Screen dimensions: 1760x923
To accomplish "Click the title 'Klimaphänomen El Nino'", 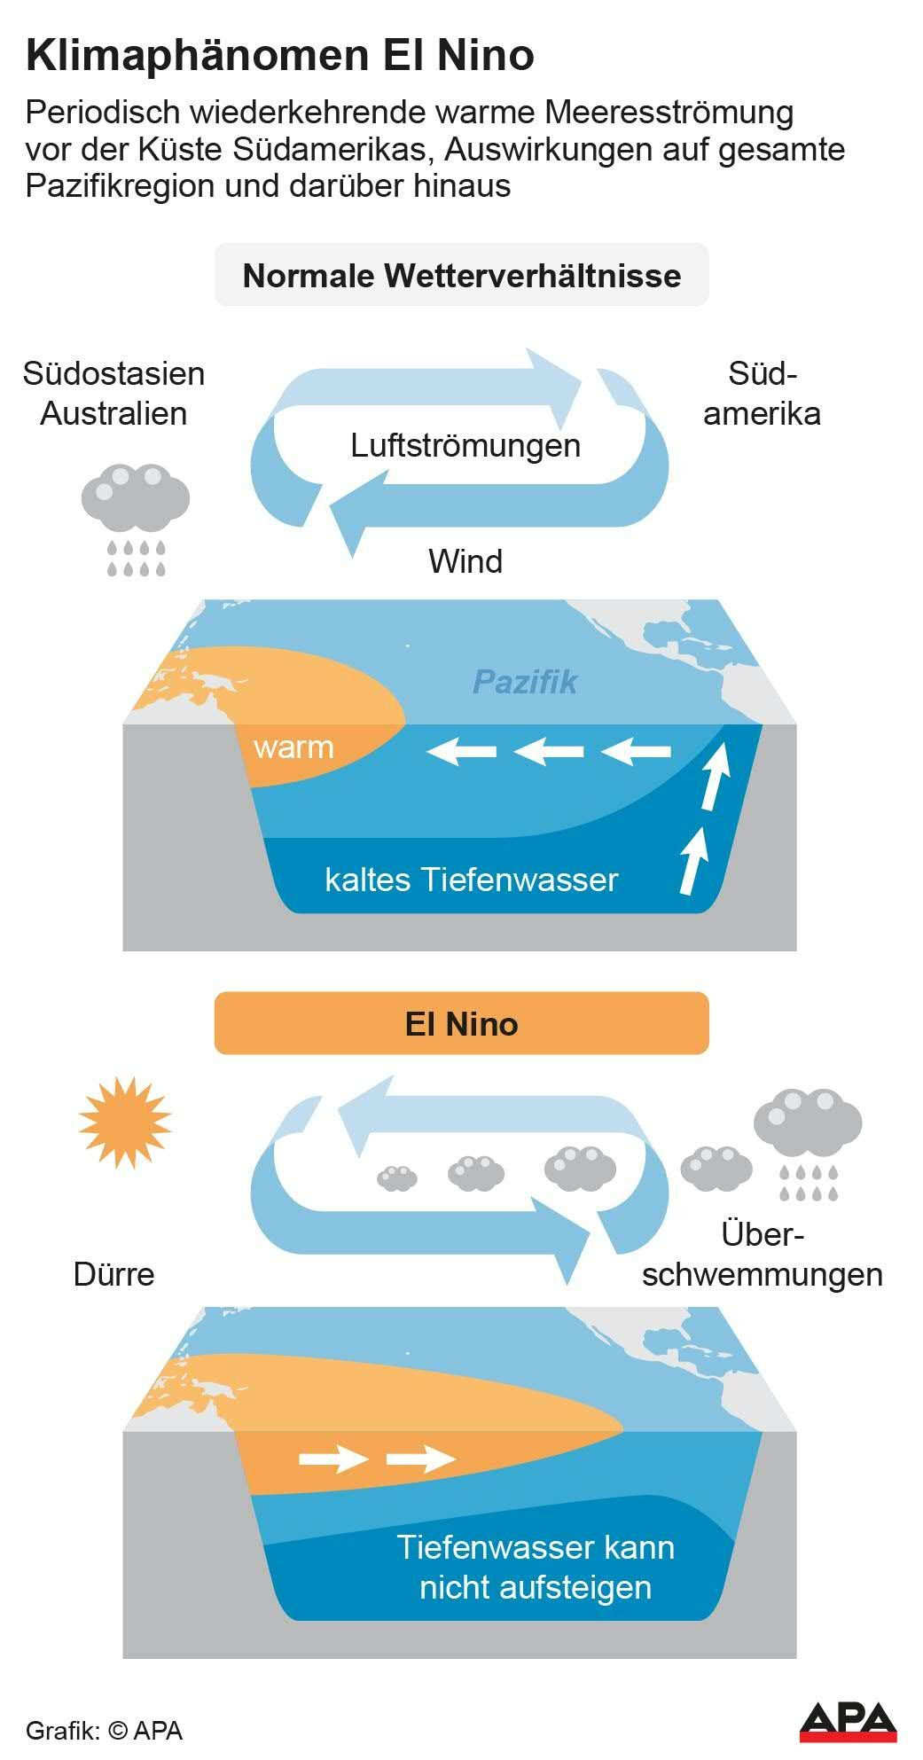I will (x=280, y=55).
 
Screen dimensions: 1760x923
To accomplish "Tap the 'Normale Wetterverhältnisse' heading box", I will (x=461, y=276).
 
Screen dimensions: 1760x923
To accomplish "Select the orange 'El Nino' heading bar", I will (x=461, y=1023).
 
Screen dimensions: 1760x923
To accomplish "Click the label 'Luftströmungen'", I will (x=465, y=444).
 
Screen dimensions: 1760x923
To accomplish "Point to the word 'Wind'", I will (x=465, y=561).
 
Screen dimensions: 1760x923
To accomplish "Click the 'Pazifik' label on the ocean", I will (x=525, y=682).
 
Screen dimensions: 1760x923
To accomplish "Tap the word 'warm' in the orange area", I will (x=293, y=747).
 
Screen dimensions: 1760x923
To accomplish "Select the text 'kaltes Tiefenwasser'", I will (x=471, y=880).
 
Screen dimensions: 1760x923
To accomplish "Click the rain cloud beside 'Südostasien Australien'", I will (x=136, y=517).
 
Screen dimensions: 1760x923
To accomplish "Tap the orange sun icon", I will (x=125, y=1122).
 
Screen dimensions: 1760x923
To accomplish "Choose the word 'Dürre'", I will (x=113, y=1274).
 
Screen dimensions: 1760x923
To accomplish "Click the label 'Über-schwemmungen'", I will (x=763, y=1255).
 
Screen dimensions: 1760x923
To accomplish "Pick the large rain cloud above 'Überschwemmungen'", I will (x=808, y=1139).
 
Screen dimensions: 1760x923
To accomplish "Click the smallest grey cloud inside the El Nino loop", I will (x=396, y=1177).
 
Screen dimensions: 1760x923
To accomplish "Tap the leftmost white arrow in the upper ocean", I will (x=461, y=752).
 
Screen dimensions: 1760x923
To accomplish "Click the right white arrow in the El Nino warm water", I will (x=422, y=1458).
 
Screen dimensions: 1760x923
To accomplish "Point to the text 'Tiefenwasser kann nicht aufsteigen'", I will (x=535, y=1567).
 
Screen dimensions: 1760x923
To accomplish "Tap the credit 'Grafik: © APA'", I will (x=104, y=1730).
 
